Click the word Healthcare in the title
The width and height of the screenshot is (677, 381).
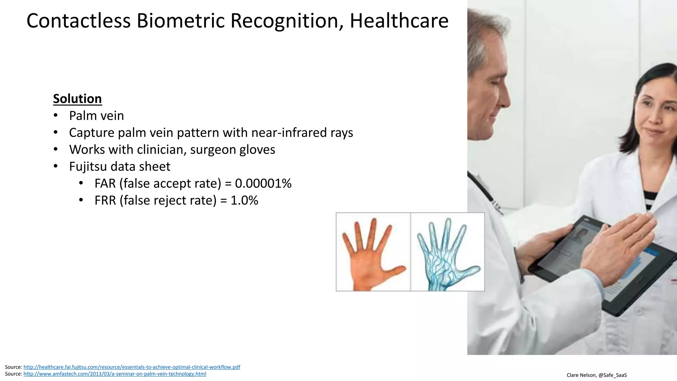(x=399, y=21)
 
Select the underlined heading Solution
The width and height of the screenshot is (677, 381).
(x=77, y=99)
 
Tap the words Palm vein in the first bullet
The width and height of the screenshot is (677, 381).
(x=96, y=116)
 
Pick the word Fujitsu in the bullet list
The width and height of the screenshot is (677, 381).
(x=88, y=166)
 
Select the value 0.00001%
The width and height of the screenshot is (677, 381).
(x=263, y=183)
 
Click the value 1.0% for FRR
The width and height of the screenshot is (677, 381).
(x=244, y=200)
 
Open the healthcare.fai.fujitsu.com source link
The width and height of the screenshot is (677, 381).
(x=132, y=367)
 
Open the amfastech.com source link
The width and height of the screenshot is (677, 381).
(x=115, y=374)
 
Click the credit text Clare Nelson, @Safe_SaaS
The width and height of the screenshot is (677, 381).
(x=596, y=375)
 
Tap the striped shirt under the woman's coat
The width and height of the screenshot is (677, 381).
(x=650, y=198)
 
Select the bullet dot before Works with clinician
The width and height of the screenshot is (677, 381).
(x=56, y=149)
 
